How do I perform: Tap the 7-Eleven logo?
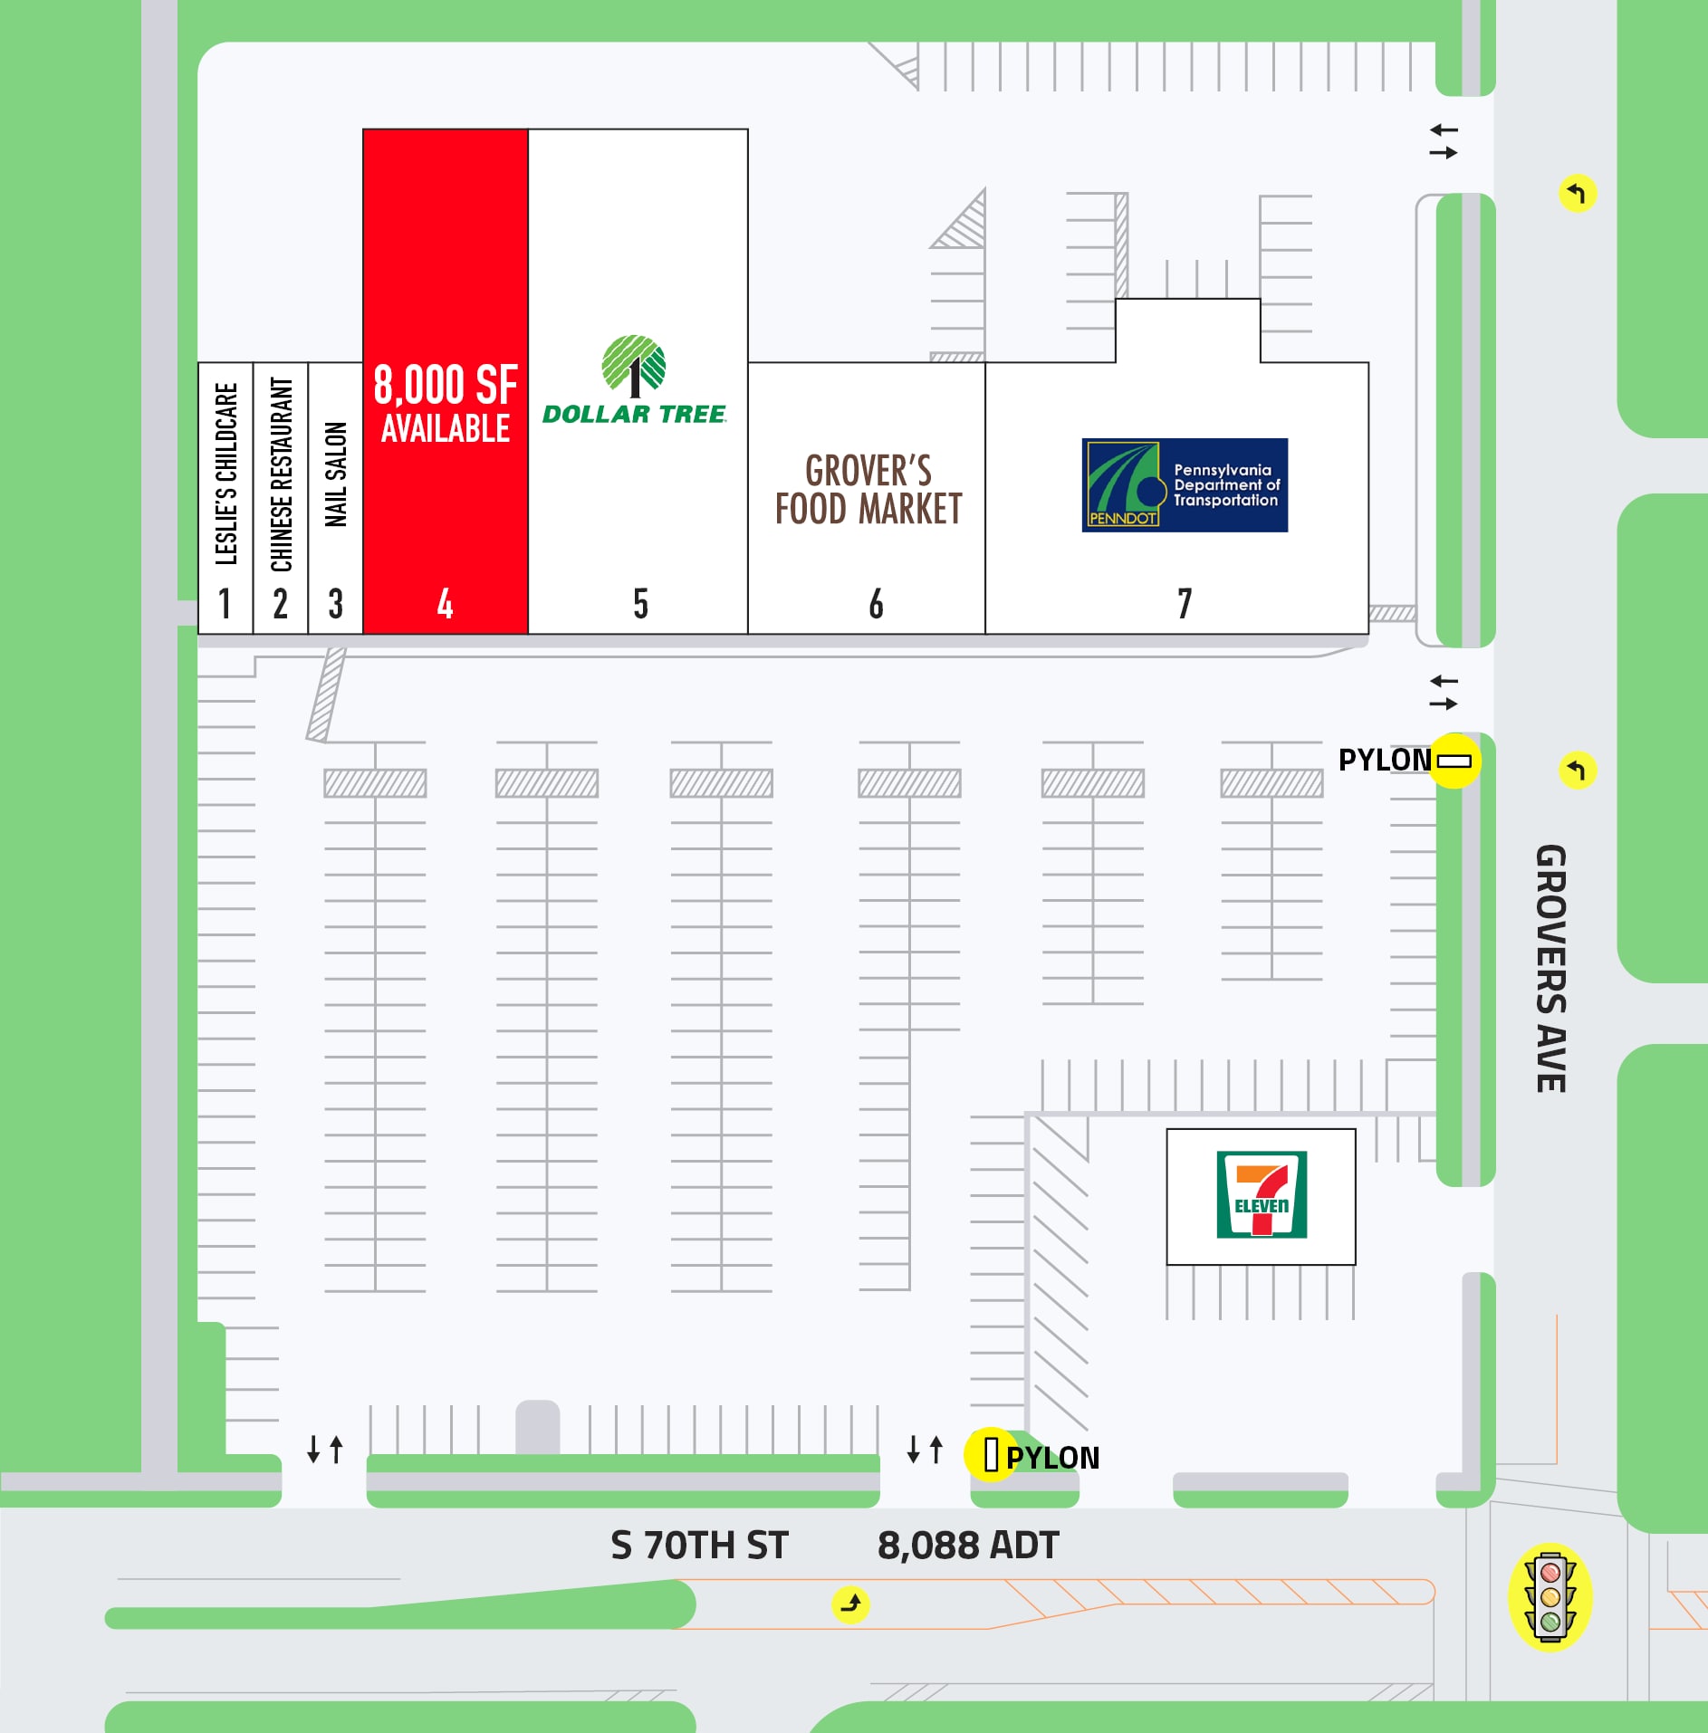(1262, 1194)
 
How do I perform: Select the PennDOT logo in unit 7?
(1185, 485)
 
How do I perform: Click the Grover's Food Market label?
(868, 490)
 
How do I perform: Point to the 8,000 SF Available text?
(446, 404)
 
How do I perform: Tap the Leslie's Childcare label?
(225, 474)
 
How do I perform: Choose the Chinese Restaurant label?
(281, 474)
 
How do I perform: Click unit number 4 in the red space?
(445, 603)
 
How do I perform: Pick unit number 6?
(876, 603)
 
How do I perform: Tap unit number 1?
(225, 603)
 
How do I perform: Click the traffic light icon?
(1550, 1597)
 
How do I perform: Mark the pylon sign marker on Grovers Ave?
(1454, 761)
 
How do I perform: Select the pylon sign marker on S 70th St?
(991, 1455)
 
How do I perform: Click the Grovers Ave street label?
(1550, 969)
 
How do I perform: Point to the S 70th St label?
(699, 1546)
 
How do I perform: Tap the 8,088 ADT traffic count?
(968, 1546)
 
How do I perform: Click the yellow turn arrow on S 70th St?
(850, 1604)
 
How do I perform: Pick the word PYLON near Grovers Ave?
(1384, 760)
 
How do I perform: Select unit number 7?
(1184, 603)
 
